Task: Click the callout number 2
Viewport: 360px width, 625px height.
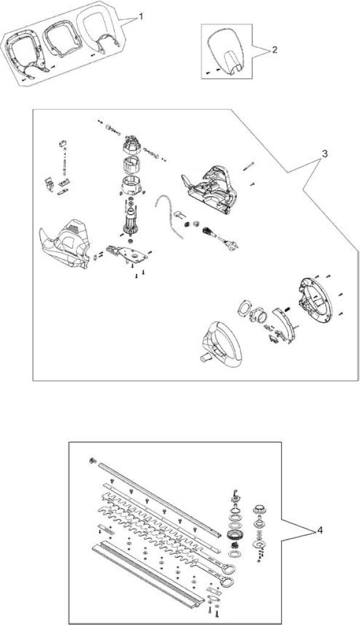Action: (274, 50)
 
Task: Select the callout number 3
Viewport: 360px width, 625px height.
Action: (325, 154)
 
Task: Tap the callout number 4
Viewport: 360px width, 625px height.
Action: (320, 531)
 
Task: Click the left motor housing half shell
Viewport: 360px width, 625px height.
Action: (67, 243)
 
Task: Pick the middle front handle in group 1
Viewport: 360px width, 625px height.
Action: (62, 38)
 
